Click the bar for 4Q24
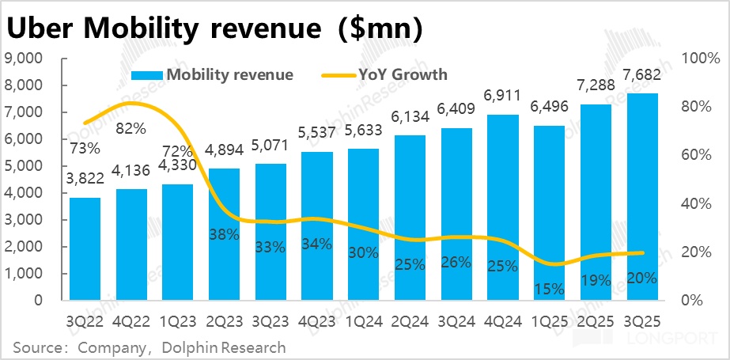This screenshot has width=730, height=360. [x=502, y=207]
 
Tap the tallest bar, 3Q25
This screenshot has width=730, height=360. [x=641, y=197]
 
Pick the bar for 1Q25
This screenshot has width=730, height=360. [x=548, y=213]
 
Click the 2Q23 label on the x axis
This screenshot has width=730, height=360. [x=224, y=321]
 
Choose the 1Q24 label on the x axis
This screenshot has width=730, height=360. [x=363, y=321]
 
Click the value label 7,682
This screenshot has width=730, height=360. [x=641, y=74]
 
